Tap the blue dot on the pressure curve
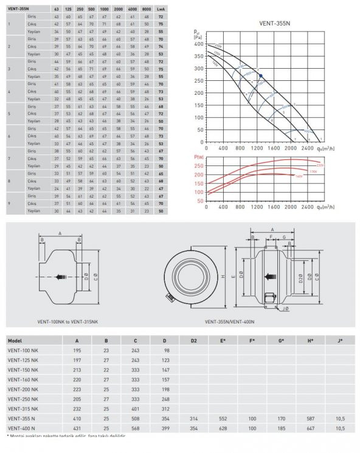261,75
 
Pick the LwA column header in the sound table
177,10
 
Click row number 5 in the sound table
9,114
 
